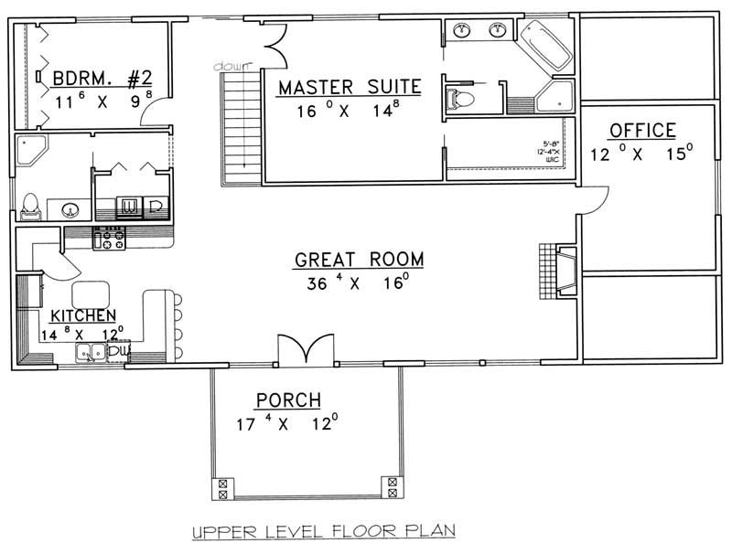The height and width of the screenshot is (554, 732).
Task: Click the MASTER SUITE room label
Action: pos(349,88)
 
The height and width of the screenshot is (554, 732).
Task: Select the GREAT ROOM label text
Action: pos(359,261)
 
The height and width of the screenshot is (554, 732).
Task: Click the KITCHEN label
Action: pos(82,314)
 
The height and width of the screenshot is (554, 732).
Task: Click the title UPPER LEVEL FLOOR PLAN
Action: pos(324,531)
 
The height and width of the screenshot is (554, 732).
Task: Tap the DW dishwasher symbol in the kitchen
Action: pos(119,350)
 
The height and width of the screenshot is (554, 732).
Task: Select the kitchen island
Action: pos(91,293)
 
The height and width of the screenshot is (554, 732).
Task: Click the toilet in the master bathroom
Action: pos(462,96)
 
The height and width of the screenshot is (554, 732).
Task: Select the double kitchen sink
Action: pos(91,352)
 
